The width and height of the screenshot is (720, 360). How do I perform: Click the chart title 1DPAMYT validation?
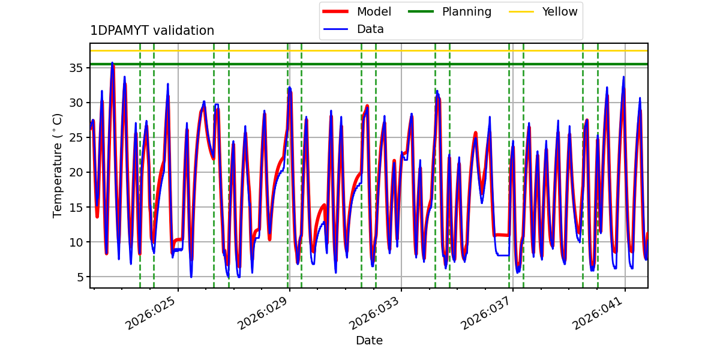[152, 31]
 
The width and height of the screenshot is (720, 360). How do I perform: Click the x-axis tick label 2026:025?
[152, 314]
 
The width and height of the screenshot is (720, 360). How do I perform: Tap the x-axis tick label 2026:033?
[376, 314]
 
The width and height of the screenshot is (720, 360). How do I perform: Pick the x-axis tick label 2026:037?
[487, 314]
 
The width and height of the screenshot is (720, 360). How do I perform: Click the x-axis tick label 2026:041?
[599, 314]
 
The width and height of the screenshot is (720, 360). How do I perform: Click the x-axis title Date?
[369, 341]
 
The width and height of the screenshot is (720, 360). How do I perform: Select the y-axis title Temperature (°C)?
[58, 165]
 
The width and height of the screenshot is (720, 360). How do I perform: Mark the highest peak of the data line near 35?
[112, 63]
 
